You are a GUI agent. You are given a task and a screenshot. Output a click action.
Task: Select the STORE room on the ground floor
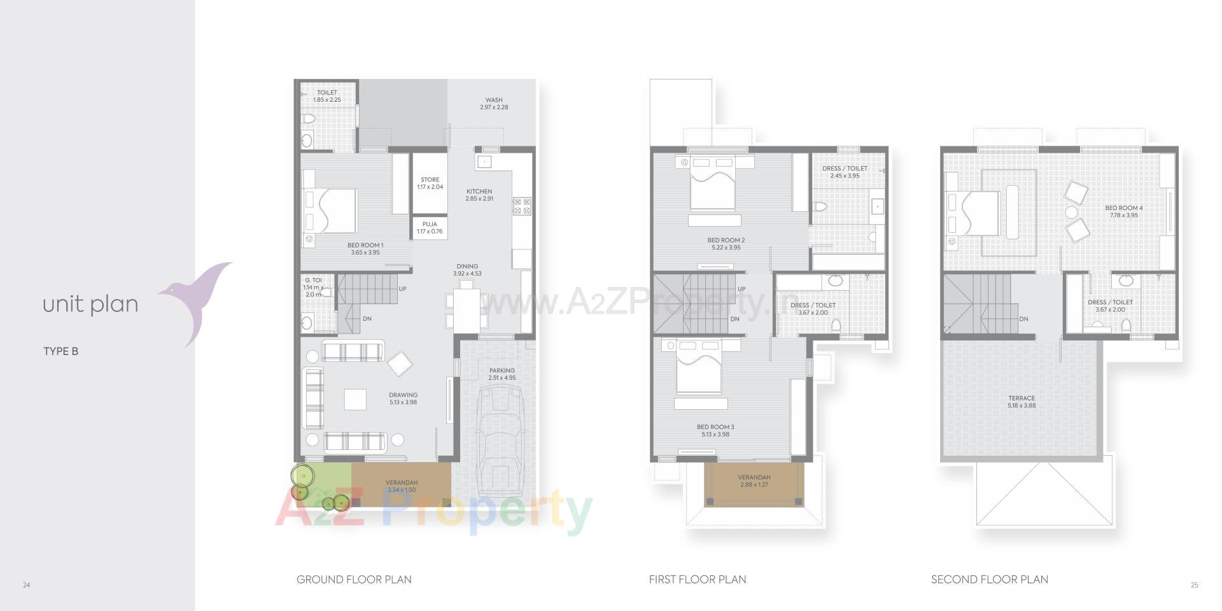(430, 183)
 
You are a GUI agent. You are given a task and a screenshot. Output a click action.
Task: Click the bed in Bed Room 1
(331, 211)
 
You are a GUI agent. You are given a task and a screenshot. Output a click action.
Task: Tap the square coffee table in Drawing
(355, 399)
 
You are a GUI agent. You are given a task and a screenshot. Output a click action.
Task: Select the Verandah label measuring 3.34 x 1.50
(402, 486)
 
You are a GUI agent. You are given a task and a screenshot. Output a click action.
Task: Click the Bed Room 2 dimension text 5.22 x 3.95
(726, 248)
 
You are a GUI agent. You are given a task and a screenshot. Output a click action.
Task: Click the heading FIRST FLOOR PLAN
(698, 579)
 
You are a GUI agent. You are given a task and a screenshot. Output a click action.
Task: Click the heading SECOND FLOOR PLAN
(989, 579)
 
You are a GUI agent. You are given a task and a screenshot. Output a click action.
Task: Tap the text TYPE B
(60, 351)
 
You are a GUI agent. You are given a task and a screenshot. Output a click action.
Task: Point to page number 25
(1194, 585)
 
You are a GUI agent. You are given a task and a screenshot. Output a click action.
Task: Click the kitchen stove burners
(522, 206)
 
